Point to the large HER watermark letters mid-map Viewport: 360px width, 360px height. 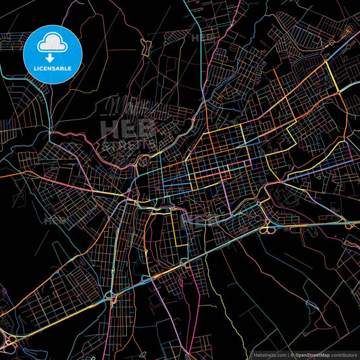[x=128, y=128]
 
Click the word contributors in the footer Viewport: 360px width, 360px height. [x=342, y=354]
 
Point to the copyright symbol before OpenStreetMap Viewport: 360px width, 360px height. [x=292, y=354]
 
